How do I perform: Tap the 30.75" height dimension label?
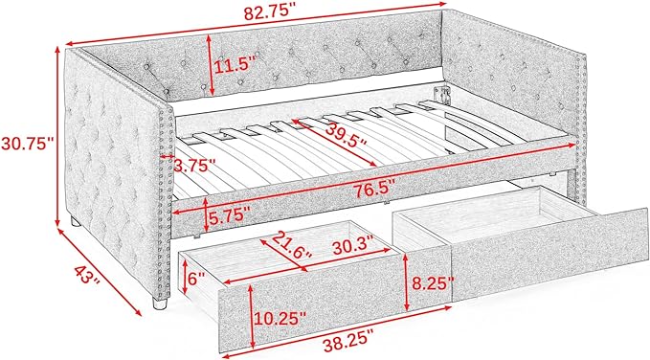pos(27,144)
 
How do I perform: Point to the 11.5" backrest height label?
pos(235,65)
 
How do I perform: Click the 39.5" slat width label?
pos(346,135)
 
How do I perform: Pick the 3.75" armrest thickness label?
pos(195,166)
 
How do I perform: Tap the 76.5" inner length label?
pos(372,190)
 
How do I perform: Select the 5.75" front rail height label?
pos(229,216)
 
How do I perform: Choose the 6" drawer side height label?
pos(197,279)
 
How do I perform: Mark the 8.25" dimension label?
pos(433,283)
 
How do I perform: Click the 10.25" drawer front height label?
pos(280,319)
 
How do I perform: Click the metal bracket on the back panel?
pos(441,96)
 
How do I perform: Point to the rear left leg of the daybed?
pos(75,221)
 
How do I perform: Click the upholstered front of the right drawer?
pos(549,259)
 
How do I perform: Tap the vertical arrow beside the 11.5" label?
pos(210,65)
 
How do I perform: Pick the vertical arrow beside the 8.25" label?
pos(406,282)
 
